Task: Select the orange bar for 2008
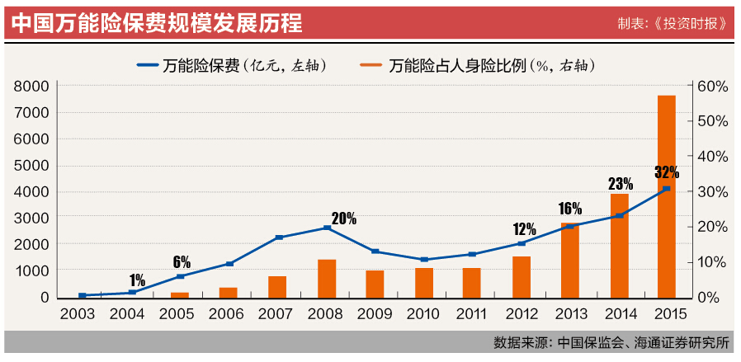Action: tap(327, 278)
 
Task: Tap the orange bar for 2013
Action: tap(570, 260)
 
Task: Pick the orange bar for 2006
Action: tap(229, 292)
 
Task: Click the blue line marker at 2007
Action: tap(279, 237)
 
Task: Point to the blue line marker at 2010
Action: tap(424, 260)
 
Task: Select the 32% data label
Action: tap(666, 172)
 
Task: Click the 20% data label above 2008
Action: tap(344, 219)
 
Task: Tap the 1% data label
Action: tap(137, 280)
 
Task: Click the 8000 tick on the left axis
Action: tap(33, 86)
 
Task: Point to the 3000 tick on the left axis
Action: tap(33, 218)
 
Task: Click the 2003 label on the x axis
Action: tap(77, 314)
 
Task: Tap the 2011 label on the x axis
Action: tap(471, 314)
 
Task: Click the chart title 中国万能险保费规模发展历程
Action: tap(155, 23)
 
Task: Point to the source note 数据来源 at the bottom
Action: tap(611, 342)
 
